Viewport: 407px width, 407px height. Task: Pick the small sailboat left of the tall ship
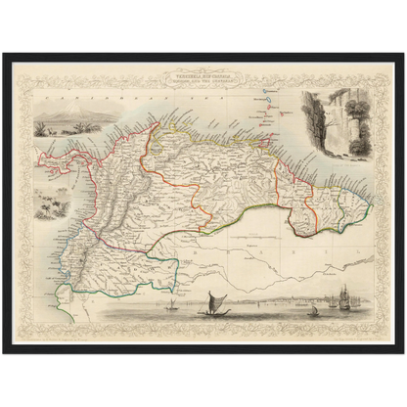click(x=315, y=309)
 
